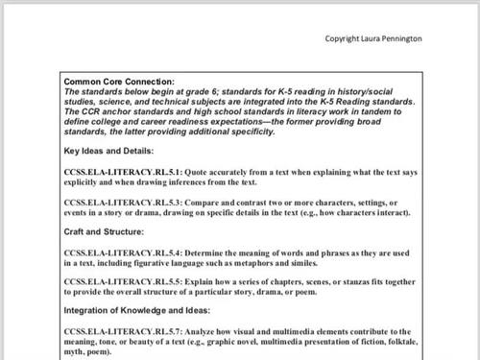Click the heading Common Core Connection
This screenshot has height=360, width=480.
(x=119, y=83)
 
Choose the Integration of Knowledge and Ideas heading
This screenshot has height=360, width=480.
(x=139, y=310)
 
